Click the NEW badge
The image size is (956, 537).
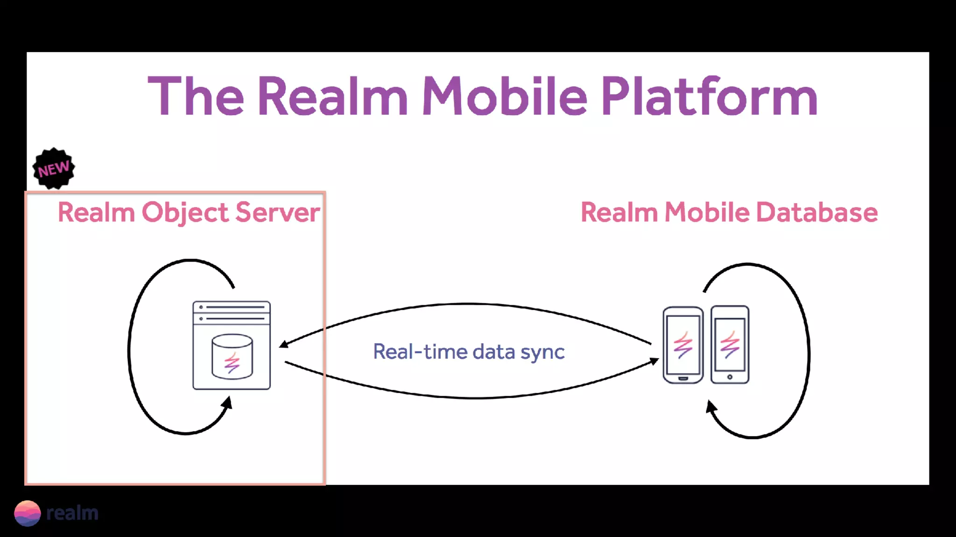click(x=54, y=168)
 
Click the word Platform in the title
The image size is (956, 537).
click(x=709, y=96)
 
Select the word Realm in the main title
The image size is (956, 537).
click(x=332, y=96)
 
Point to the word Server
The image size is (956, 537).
click(x=277, y=213)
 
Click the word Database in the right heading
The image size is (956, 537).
click(x=816, y=213)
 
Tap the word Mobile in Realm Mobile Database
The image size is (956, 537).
click(x=707, y=213)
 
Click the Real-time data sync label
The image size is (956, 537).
click(x=469, y=351)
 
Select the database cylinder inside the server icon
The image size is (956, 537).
click(x=232, y=357)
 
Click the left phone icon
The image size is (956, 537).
click(x=682, y=345)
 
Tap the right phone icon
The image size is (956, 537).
click(x=730, y=345)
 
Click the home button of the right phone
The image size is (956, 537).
click(x=730, y=377)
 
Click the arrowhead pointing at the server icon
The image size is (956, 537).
click(x=283, y=345)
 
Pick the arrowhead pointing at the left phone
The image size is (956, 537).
click(x=654, y=361)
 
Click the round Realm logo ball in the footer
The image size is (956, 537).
click(x=28, y=513)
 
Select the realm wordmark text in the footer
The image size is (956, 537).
click(x=72, y=513)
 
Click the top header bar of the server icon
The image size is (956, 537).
click(x=232, y=307)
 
